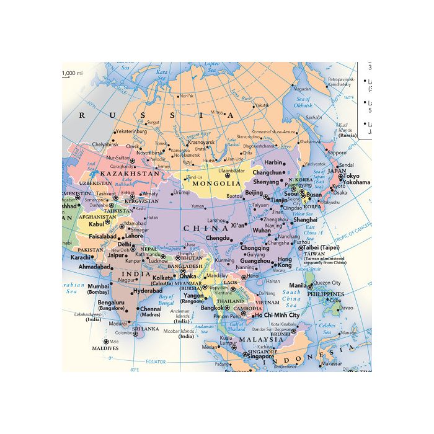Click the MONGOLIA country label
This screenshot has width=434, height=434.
pos(216,184)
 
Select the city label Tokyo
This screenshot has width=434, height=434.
pos(356,175)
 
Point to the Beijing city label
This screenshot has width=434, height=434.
pos(254,193)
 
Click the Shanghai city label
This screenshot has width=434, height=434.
pos(305,219)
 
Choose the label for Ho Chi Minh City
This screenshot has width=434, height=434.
pos(276,316)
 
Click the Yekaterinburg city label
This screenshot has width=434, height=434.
pos(131,131)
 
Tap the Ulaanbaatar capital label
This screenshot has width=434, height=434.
pos(232,170)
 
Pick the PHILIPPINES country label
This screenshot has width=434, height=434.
pos(327,294)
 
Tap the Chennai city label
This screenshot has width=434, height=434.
pos(151,308)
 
